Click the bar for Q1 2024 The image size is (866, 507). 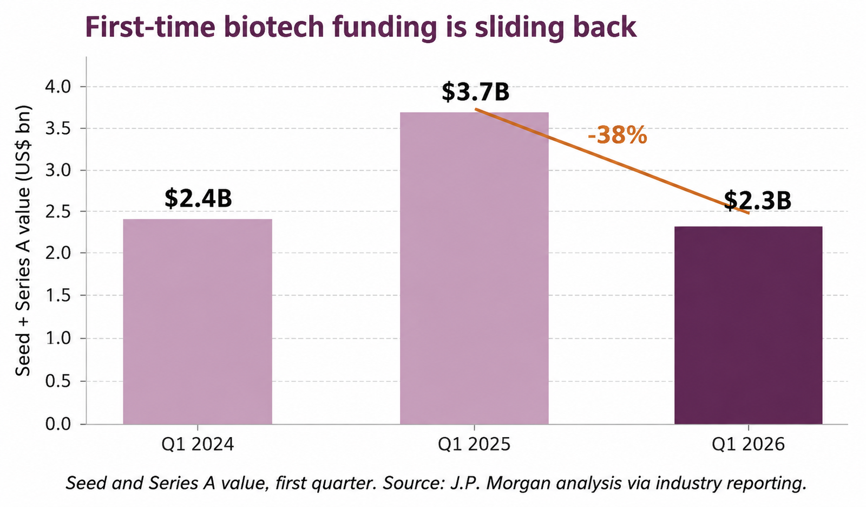tap(198, 322)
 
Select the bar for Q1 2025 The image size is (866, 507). tap(474, 268)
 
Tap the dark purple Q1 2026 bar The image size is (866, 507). tap(749, 326)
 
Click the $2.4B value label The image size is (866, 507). tap(198, 199)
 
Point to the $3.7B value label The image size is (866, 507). tap(476, 92)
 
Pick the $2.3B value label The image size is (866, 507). tap(757, 201)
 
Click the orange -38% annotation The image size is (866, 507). tap(618, 135)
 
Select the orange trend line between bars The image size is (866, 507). tap(612, 161)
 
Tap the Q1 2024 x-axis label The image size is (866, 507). tap(198, 444)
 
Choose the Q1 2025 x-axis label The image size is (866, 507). tap(474, 444)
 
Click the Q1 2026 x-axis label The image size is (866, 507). tap(749, 444)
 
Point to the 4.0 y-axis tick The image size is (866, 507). tap(58, 87)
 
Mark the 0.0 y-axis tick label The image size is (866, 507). tap(58, 424)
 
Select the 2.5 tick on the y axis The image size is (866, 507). tap(58, 212)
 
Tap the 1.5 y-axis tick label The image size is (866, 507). tap(58, 295)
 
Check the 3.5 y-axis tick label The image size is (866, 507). tap(58, 128)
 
